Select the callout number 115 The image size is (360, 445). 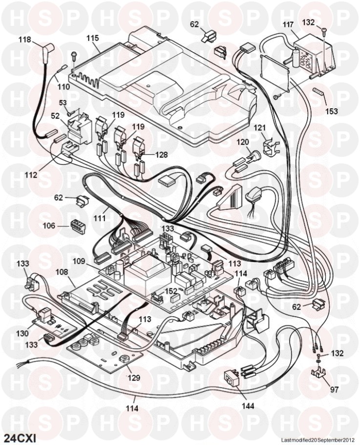pyautogui.click(x=93, y=38)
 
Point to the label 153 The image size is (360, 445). pyautogui.click(x=331, y=111)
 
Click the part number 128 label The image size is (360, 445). pyautogui.click(x=162, y=155)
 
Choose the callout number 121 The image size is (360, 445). pyautogui.click(x=259, y=128)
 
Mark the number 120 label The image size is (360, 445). pyautogui.click(x=243, y=142)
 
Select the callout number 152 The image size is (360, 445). pyautogui.click(x=171, y=291)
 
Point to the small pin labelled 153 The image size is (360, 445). pyautogui.click(x=319, y=91)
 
